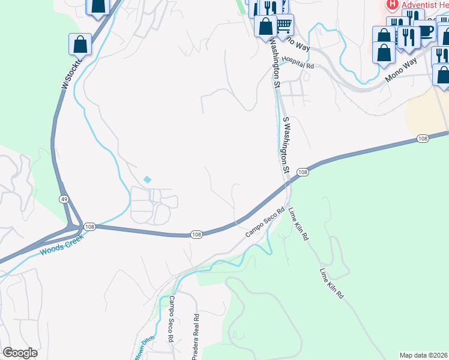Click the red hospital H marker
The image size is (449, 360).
pos(392,5)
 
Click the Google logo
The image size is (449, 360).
pos(20,353)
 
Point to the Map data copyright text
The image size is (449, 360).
pos(423,355)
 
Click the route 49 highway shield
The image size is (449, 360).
pos(63,199)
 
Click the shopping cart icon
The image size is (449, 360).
pos(283,25)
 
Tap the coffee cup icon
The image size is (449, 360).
pos(425,30)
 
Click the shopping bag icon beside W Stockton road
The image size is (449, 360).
pos(80,44)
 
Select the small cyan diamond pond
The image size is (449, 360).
pos(148,179)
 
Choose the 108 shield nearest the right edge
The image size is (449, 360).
pos(423,139)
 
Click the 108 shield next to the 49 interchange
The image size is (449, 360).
pos(89,226)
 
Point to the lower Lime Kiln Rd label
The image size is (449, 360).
pos(331,283)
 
